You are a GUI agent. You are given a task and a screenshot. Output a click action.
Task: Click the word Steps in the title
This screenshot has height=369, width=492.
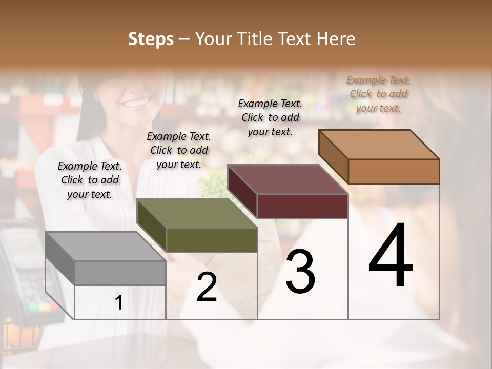click(x=151, y=39)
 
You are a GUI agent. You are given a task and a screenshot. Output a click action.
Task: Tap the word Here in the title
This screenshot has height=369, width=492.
click(x=336, y=39)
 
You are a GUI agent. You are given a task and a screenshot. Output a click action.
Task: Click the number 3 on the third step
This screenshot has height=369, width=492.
click(x=300, y=272)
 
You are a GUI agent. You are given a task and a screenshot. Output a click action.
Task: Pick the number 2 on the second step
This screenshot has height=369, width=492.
click(x=207, y=288)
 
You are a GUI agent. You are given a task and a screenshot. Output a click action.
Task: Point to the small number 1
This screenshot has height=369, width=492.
click(x=119, y=303)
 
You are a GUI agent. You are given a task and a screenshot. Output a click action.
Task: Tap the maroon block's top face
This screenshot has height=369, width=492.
click(x=288, y=179)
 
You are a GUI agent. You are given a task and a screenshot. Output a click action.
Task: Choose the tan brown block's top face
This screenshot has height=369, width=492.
click(x=379, y=145)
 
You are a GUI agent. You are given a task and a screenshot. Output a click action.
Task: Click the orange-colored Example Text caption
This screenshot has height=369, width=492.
click(x=378, y=94)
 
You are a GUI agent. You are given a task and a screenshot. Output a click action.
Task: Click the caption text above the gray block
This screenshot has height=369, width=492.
click(x=90, y=180)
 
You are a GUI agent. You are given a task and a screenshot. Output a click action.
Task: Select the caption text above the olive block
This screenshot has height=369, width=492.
click(x=179, y=150)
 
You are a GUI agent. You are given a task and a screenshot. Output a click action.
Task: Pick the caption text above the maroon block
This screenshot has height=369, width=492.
click(x=270, y=117)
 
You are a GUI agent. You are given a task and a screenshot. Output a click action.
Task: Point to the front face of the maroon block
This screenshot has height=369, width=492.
click(x=302, y=207)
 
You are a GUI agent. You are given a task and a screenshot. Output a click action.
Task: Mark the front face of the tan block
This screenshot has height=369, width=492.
click(x=394, y=171)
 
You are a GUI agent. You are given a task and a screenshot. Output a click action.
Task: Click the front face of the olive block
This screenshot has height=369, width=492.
click(x=211, y=240)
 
